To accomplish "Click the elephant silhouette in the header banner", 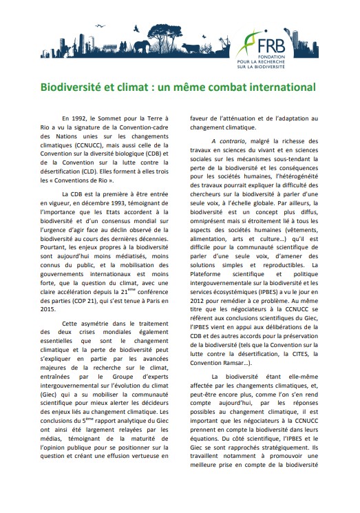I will point(143,46).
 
